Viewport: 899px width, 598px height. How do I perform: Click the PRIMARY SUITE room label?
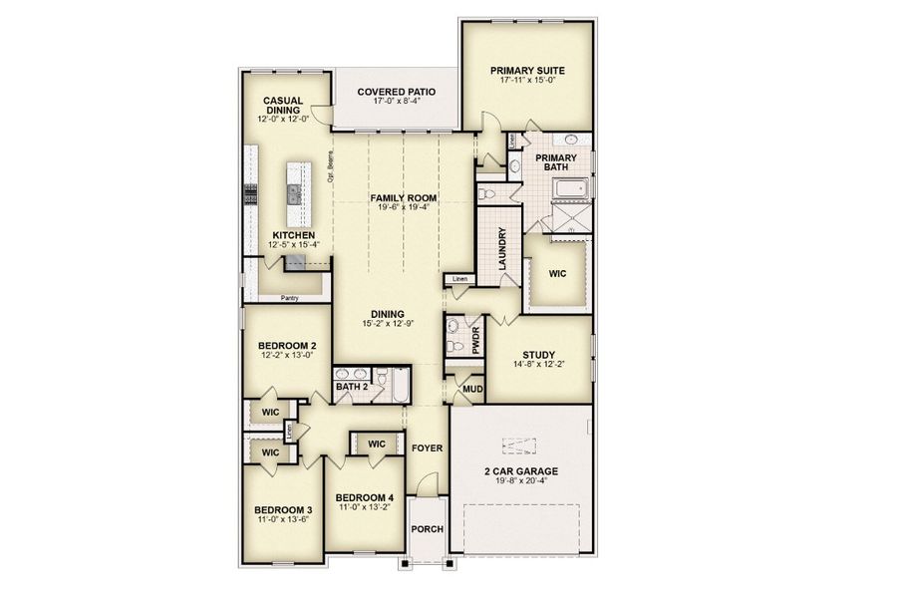click(x=527, y=71)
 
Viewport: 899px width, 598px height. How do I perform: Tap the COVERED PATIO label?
click(x=397, y=91)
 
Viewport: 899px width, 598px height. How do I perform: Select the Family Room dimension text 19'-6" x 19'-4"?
click(x=404, y=208)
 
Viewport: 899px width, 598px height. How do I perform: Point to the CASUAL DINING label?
click(x=283, y=106)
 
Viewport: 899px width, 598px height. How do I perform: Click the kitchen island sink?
click(x=293, y=192)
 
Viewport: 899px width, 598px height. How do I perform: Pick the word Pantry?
click(x=290, y=297)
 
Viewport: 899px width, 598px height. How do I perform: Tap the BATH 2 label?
click(x=352, y=387)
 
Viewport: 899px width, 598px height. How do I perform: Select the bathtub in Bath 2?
click(x=397, y=386)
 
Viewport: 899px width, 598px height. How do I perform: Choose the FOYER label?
click(x=427, y=448)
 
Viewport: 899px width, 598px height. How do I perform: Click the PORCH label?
click(x=428, y=530)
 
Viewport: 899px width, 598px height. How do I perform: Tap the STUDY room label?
click(x=539, y=354)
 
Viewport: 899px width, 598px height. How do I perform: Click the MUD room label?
click(x=471, y=388)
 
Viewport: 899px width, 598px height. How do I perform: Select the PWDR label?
click(x=475, y=341)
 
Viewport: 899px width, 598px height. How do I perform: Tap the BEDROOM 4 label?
click(x=364, y=497)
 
